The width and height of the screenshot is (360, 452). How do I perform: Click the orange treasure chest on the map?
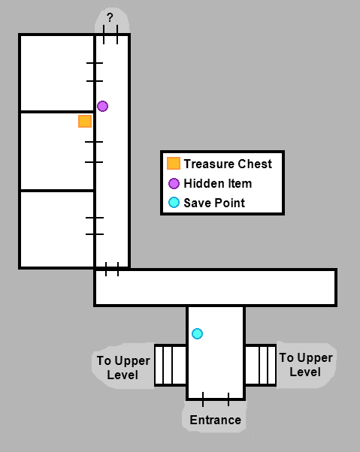[85, 121]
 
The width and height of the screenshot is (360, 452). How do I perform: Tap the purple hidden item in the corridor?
[102, 107]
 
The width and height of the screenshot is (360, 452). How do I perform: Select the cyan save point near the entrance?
[198, 334]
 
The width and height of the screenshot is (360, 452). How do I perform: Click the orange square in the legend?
[174, 163]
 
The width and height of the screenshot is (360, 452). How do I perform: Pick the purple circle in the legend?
[174, 183]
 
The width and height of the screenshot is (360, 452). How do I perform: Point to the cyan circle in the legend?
[174, 203]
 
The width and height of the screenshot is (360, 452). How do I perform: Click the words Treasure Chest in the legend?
[228, 164]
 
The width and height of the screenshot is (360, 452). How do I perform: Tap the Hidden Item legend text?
[218, 183]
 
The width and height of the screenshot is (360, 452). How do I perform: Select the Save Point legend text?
[214, 203]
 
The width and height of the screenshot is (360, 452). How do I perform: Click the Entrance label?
[216, 420]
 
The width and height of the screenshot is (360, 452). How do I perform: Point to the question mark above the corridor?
[110, 18]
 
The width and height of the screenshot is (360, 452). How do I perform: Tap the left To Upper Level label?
[123, 368]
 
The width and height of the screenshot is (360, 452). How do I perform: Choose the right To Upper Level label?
[306, 365]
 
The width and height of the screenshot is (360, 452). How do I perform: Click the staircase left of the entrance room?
[171, 365]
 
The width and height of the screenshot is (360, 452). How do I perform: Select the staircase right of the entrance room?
[261, 365]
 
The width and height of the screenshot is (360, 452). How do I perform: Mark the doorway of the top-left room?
[95, 72]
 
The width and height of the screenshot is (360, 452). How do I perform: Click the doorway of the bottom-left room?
[95, 226]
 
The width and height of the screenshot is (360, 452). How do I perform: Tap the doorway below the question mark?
[110, 35]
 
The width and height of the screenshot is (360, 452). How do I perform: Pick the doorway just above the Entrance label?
[216, 399]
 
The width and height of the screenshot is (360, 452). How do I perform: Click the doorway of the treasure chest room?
[94, 152]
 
